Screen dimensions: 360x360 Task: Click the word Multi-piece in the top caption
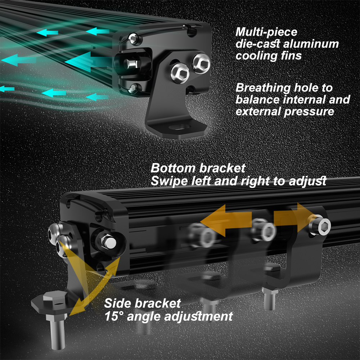coord(266,32)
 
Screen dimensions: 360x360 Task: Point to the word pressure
coord(309,112)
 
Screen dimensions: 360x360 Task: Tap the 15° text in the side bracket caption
coord(114,316)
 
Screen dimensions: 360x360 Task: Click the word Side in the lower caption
coord(117,303)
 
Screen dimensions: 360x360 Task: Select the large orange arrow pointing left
coord(226,221)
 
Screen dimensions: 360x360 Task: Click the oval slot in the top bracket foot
coord(180,127)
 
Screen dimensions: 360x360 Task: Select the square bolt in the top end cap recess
coord(131,64)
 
